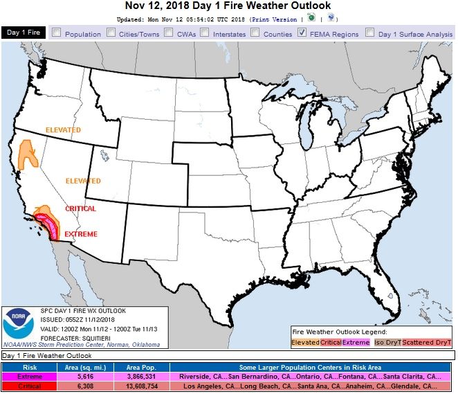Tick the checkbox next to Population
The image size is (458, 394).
pyautogui.click(x=56, y=33)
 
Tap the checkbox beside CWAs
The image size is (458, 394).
pyautogui.click(x=170, y=33)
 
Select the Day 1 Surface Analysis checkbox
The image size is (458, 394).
pyautogui.click(x=370, y=33)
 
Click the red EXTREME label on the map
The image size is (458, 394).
pyautogui.click(x=80, y=235)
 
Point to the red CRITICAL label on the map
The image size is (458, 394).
pyautogui.click(x=80, y=208)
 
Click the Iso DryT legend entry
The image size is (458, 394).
pyautogui.click(x=387, y=342)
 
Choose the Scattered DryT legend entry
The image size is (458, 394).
pyautogui.click(x=427, y=342)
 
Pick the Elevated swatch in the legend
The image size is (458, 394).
pyautogui.click(x=305, y=342)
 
